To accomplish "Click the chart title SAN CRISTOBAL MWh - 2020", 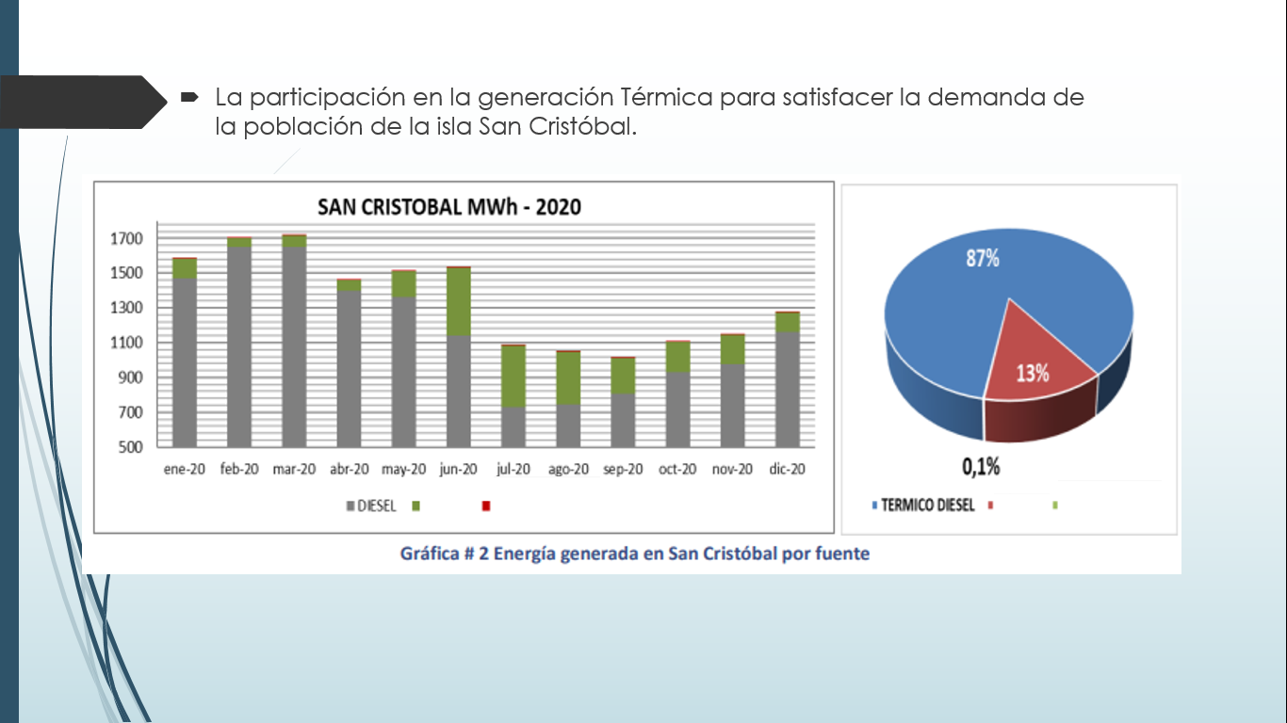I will (449, 206).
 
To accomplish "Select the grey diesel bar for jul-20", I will (513, 426).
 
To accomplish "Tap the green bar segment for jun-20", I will (459, 301).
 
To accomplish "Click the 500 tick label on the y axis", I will (129, 447).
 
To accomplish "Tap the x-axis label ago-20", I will (568, 470).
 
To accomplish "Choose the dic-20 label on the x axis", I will (787, 469).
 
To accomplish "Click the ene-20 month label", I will (184, 469).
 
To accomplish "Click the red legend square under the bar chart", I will (486, 506).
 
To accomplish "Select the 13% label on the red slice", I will (1032, 373).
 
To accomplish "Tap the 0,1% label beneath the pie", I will (980, 466).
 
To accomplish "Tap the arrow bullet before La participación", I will (188, 97).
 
